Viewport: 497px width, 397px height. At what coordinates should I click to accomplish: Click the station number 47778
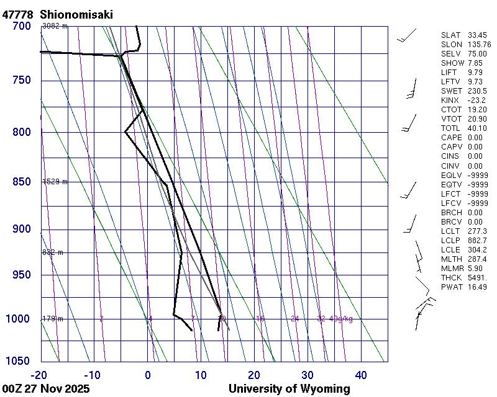point(17,14)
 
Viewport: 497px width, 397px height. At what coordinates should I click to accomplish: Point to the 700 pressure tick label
point(21,26)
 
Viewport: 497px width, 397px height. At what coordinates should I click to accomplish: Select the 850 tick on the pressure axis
point(21,182)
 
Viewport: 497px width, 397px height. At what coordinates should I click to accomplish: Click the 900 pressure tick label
point(21,230)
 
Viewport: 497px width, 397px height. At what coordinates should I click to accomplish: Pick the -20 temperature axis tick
point(39,375)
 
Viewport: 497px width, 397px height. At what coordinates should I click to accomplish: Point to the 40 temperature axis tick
point(361,375)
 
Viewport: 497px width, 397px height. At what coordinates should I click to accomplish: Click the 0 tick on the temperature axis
point(148,375)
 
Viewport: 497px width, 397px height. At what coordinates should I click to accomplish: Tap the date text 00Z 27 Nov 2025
point(46,389)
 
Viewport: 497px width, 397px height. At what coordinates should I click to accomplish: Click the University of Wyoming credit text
point(289,389)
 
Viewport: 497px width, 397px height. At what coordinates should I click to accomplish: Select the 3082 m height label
point(55,26)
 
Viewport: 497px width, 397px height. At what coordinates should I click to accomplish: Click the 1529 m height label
point(55,182)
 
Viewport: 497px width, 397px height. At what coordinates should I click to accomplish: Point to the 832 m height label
point(53,252)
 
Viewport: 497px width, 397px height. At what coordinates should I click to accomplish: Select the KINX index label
point(450,100)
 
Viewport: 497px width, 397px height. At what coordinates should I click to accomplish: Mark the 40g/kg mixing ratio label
point(341,319)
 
